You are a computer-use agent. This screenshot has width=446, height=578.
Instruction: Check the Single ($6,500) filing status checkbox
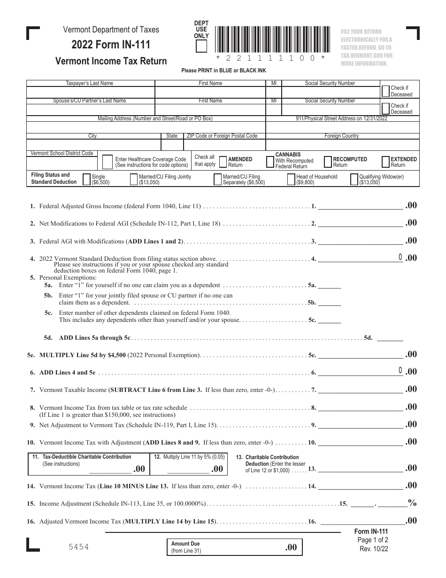(x=87, y=180)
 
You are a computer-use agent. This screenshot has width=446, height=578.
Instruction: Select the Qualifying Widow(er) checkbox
(x=355, y=180)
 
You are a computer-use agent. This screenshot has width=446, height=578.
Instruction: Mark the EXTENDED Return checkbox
(x=385, y=162)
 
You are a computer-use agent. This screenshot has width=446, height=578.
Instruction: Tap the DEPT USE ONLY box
(x=201, y=46)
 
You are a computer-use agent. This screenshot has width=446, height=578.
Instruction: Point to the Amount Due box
(x=235, y=547)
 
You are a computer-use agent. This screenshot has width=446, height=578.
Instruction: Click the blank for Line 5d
(x=390, y=337)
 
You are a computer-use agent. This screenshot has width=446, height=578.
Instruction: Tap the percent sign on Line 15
(x=412, y=503)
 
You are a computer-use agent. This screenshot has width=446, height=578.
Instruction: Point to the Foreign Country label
(x=341, y=136)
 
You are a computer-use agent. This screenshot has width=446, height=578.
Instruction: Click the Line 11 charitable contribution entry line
(x=110, y=469)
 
